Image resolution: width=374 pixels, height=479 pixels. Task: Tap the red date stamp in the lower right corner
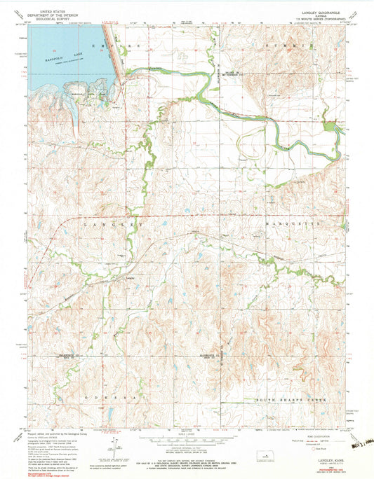[355, 454]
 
